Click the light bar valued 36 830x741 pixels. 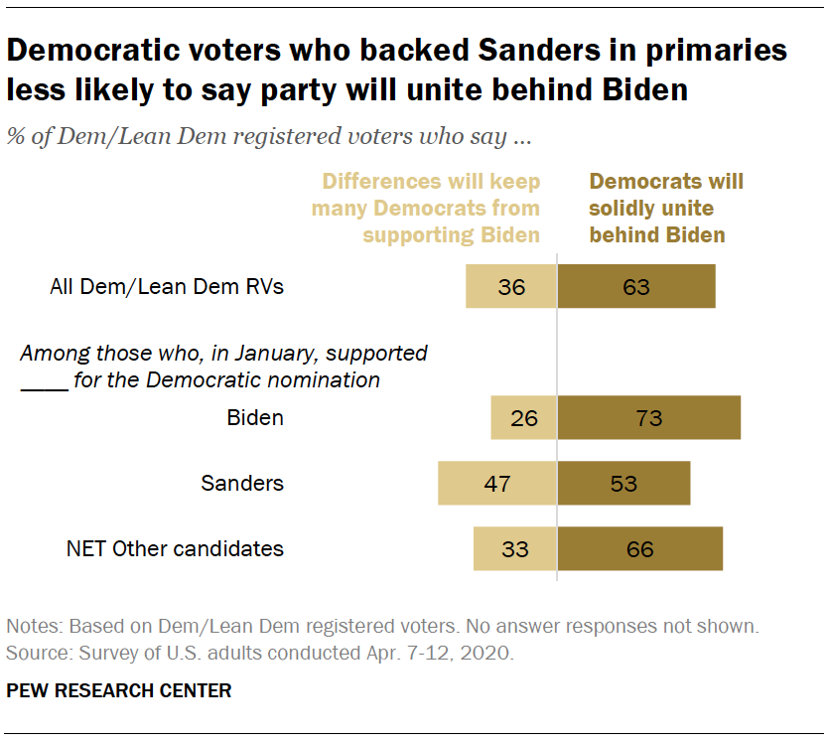tap(511, 287)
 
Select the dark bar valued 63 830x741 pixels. tap(636, 287)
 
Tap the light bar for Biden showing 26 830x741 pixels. tap(523, 417)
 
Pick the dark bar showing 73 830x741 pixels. tap(648, 417)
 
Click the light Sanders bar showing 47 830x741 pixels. tap(497, 484)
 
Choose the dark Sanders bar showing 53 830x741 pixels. tap(623, 484)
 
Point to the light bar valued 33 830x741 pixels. tap(514, 548)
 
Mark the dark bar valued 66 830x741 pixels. tap(639, 548)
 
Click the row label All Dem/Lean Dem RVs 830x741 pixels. tap(167, 288)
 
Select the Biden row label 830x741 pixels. tap(255, 418)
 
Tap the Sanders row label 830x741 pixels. tap(242, 484)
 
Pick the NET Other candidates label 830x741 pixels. tap(175, 548)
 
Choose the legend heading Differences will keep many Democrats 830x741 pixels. tap(426, 209)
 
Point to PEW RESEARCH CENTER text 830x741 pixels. tap(119, 690)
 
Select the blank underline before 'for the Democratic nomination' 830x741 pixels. tap(43, 381)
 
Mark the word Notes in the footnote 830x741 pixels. tap(30, 628)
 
